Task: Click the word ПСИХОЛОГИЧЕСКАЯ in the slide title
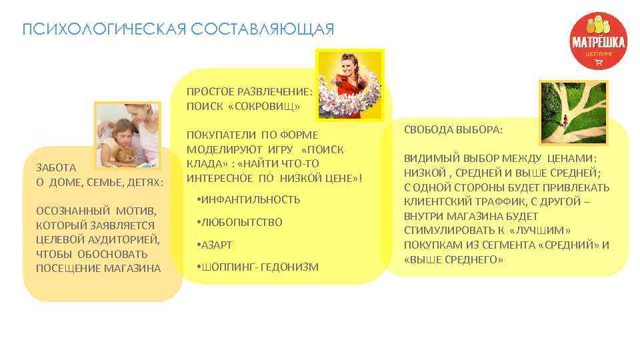(103, 30)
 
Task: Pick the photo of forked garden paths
(573, 113)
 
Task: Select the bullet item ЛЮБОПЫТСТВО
(243, 222)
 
